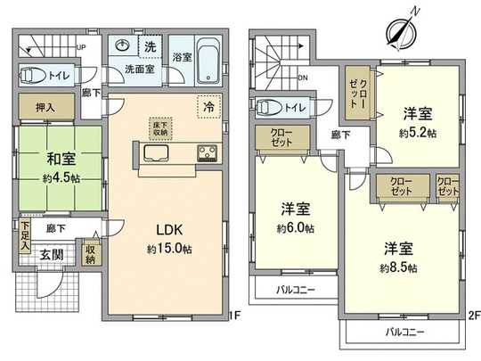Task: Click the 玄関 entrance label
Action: (50, 256)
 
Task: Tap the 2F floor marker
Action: (474, 314)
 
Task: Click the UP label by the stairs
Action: (81, 48)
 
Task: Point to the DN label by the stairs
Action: (304, 77)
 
